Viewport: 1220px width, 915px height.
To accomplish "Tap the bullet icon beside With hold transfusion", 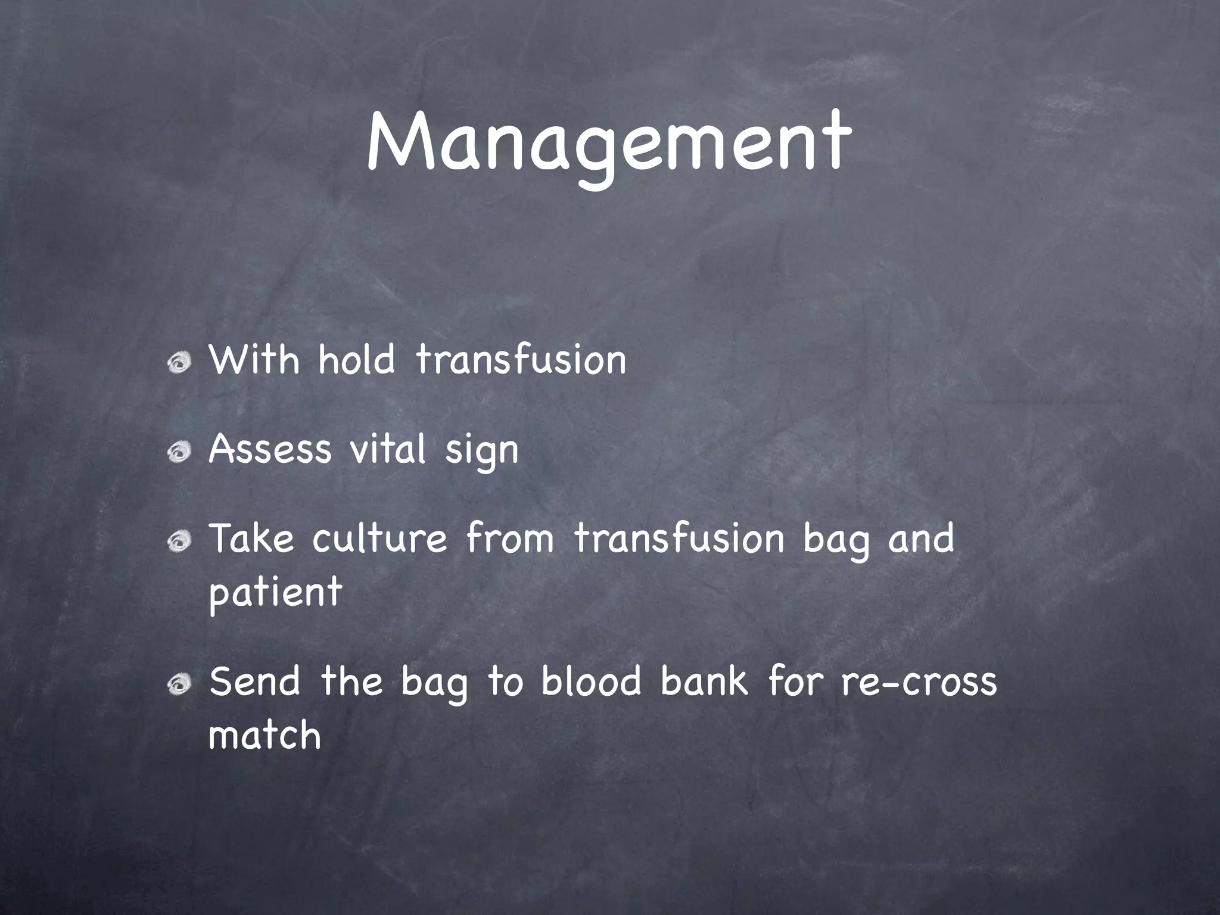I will click(179, 362).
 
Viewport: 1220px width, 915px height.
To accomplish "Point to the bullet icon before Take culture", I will click(179, 541).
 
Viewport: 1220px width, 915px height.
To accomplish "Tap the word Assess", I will click(270, 449).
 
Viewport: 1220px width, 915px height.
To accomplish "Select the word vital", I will click(388, 449).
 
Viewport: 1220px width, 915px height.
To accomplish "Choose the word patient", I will click(275, 593).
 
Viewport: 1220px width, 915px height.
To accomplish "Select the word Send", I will click(255, 681).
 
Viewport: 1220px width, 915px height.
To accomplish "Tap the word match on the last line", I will click(265, 735).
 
